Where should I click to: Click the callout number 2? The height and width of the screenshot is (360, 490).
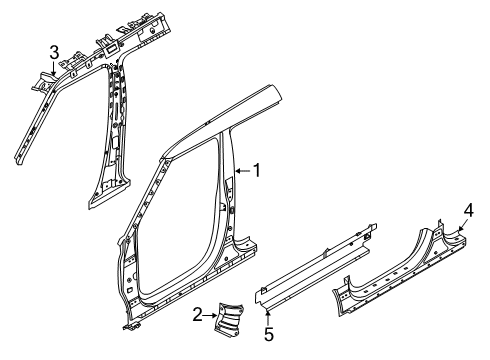click(198, 315)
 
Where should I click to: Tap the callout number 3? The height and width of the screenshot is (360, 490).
click(54, 51)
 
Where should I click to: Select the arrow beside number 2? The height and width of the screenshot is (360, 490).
click(212, 315)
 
